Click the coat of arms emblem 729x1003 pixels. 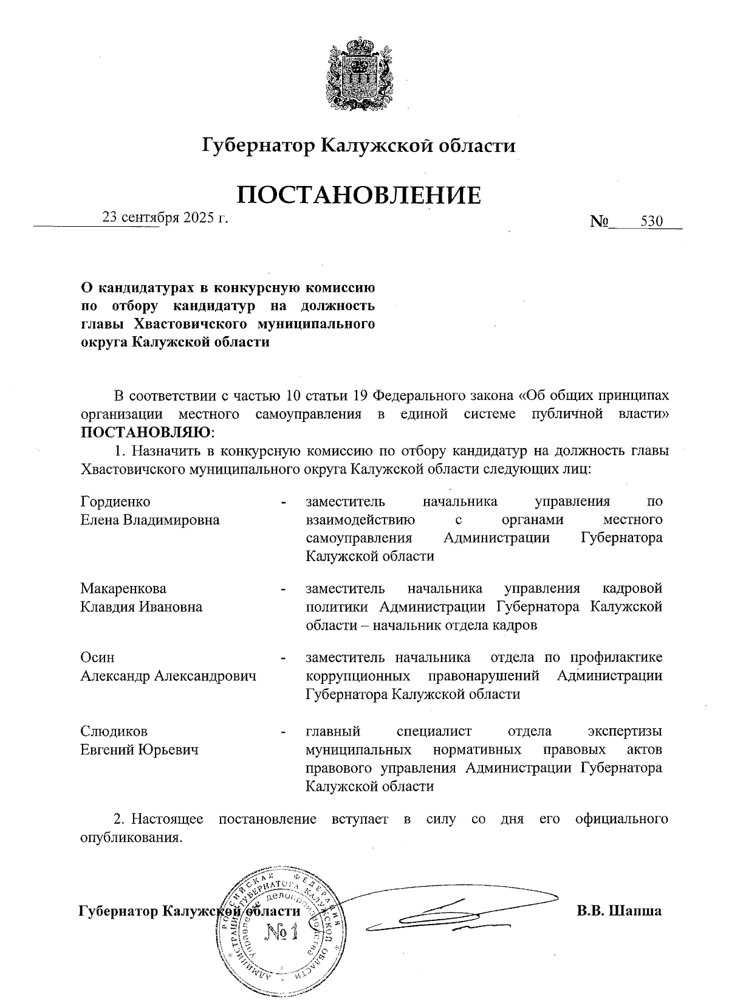[x=358, y=74]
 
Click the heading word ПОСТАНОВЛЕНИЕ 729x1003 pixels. [x=358, y=195]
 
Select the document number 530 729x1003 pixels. [x=651, y=221]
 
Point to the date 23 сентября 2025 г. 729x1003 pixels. [x=165, y=217]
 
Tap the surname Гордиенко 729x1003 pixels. [x=115, y=501]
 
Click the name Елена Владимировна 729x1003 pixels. [x=150, y=520]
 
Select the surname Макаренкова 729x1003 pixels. [x=123, y=588]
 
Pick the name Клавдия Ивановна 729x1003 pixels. [x=142, y=607]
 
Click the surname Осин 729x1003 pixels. [x=97, y=658]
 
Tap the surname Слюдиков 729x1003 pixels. [x=114, y=731]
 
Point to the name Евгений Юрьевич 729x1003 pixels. [x=140, y=750]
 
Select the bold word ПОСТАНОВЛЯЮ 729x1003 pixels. [x=146, y=433]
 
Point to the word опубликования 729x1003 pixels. [x=131, y=837]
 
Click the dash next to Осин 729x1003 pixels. [x=283, y=659]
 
